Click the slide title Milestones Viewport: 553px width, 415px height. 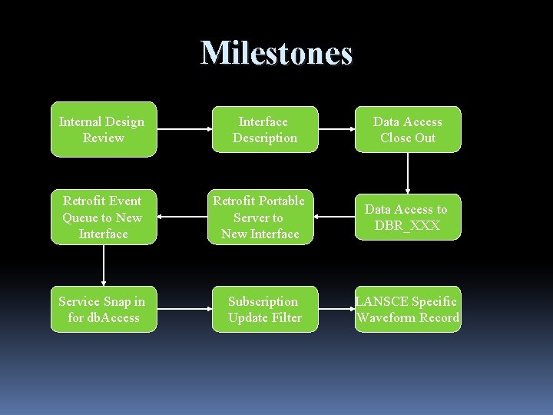click(276, 54)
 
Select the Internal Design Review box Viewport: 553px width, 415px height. click(104, 129)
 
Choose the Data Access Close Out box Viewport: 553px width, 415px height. click(408, 129)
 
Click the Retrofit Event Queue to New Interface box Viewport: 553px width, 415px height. click(104, 217)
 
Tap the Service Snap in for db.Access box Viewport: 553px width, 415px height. click(104, 309)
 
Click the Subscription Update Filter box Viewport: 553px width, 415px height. click(265, 309)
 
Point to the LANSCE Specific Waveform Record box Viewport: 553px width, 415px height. click(408, 309)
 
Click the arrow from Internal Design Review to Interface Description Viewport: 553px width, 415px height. click(184, 129)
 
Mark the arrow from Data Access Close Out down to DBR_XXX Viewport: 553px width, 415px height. click(408, 173)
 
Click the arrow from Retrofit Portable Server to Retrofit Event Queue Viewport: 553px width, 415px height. click(182, 217)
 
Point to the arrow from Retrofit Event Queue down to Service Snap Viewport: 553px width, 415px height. click(104, 265)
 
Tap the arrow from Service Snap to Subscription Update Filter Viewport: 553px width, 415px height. click(184, 309)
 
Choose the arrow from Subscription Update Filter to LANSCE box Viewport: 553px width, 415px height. click(336, 309)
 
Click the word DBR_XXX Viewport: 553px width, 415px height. click(407, 225)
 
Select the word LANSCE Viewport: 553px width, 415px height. click(382, 301)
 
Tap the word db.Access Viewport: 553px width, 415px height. click(114, 317)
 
